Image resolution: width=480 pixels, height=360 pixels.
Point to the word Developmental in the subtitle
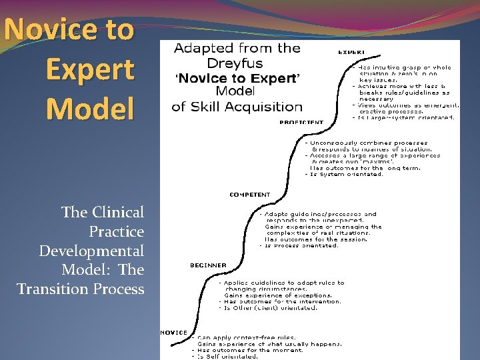[91, 251]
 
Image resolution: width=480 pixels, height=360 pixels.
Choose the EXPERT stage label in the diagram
[351, 51]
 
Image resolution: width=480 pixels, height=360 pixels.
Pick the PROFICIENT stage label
[301, 123]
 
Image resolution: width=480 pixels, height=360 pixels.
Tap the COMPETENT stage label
[250, 195]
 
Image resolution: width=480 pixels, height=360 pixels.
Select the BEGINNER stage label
[208, 265]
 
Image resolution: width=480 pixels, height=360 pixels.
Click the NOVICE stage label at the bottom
[173, 332]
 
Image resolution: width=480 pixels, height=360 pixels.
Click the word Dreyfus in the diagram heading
[237, 63]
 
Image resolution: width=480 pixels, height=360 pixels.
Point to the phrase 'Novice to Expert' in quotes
[237, 78]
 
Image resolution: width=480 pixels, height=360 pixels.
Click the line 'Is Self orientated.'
[227, 356]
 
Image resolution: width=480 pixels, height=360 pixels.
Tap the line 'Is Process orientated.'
[303, 245]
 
